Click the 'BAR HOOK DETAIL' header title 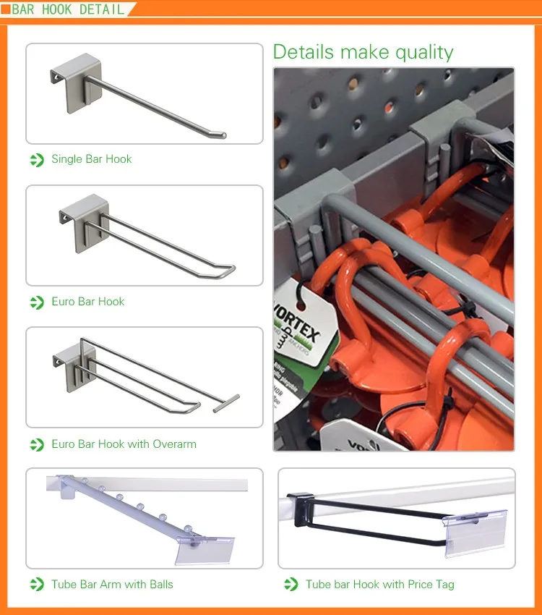click(68, 9)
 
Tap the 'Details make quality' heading click(363, 52)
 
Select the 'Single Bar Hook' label click(91, 159)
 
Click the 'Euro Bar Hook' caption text click(87, 302)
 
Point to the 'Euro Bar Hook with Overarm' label click(124, 444)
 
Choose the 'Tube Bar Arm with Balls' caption click(112, 585)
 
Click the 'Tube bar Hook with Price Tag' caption click(379, 585)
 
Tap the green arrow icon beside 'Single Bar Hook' click(37, 160)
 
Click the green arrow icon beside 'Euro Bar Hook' click(37, 302)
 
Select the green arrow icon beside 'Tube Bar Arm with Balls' click(37, 585)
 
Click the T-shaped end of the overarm click(226, 403)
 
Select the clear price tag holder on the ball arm click(205, 550)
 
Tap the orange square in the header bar click(5, 9)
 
